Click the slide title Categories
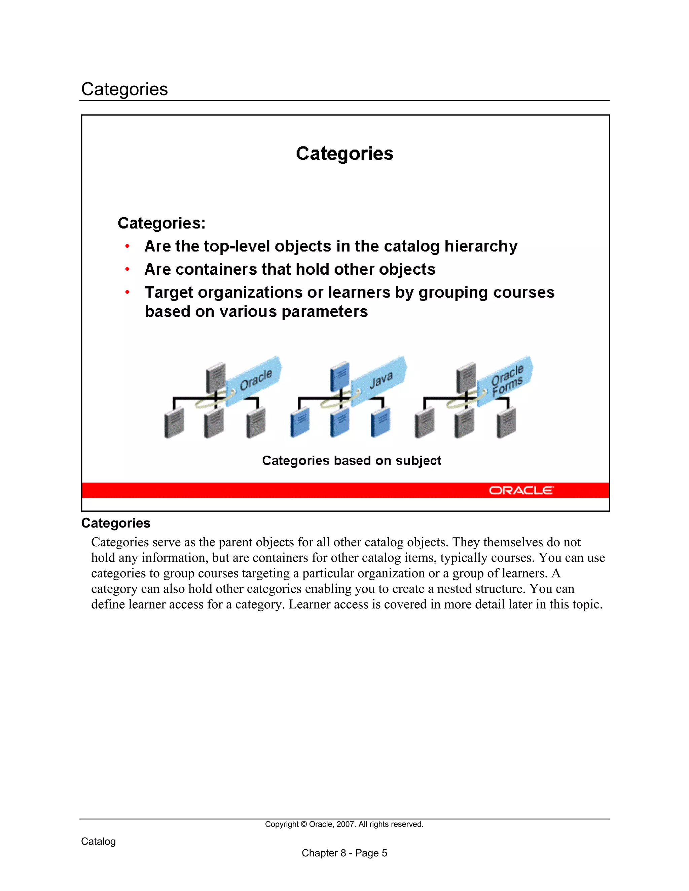[x=344, y=154]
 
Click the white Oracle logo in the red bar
[x=521, y=490]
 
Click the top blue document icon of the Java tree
[x=339, y=376]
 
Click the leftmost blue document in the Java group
[x=300, y=423]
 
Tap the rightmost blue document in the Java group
[x=380, y=423]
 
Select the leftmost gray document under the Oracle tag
[x=174, y=423]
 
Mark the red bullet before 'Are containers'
[x=128, y=269]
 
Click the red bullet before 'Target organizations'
[x=128, y=292]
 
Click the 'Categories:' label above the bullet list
[x=161, y=223]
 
